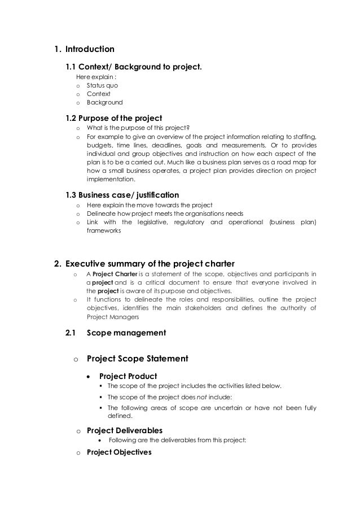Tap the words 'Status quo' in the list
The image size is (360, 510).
(102, 85)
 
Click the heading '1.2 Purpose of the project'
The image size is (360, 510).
(115, 118)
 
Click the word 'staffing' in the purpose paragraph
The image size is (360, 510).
(305, 136)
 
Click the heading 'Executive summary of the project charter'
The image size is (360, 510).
(150, 263)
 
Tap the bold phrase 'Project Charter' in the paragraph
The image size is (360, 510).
(116, 275)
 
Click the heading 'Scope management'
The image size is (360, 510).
(126, 333)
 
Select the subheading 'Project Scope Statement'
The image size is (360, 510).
(137, 358)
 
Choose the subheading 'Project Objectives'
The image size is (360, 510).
(119, 451)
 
